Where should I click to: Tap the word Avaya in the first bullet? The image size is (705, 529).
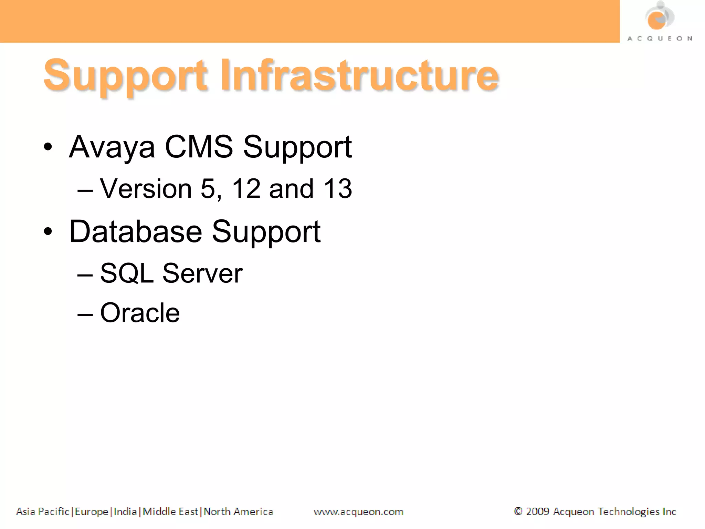click(x=112, y=147)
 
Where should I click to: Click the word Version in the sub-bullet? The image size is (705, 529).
click(x=146, y=189)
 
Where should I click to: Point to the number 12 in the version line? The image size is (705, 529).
click(x=246, y=189)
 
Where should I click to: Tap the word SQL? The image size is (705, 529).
click(x=127, y=273)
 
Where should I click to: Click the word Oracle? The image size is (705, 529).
click(x=140, y=313)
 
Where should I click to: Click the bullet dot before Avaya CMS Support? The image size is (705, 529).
click(x=48, y=147)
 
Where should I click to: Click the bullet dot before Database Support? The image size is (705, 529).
click(x=48, y=232)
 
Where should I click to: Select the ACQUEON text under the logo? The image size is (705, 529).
click(x=660, y=39)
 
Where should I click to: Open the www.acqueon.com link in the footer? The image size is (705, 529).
click(x=358, y=512)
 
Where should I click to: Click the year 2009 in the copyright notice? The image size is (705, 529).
click(x=537, y=511)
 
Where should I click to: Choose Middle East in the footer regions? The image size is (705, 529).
click(x=170, y=511)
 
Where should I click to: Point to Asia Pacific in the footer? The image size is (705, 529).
click(x=43, y=511)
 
